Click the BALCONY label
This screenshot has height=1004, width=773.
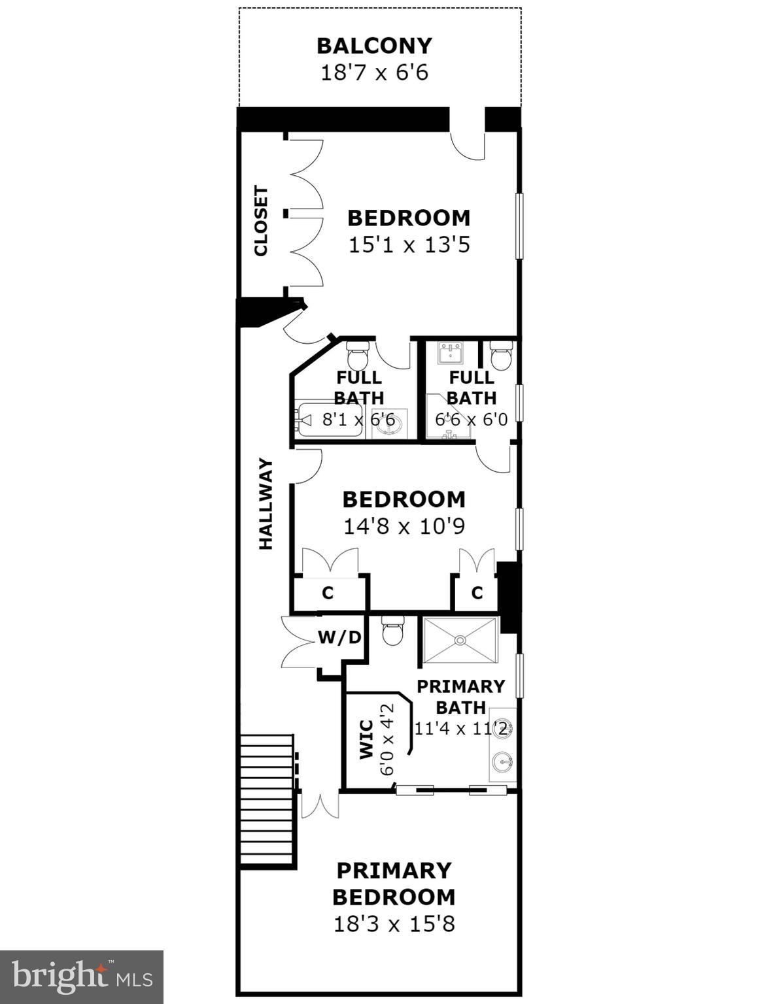[374, 46]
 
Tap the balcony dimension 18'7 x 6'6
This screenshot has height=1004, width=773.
[374, 72]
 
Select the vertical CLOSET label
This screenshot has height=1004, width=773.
[261, 221]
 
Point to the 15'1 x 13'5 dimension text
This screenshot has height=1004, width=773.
[409, 245]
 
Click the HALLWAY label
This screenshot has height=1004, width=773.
[266, 504]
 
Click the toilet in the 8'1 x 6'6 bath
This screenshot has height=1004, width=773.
[358, 355]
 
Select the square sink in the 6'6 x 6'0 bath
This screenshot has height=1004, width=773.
[451, 354]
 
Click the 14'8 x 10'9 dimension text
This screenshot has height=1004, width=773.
[404, 526]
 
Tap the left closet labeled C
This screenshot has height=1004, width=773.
[328, 593]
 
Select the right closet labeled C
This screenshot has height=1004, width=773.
[477, 593]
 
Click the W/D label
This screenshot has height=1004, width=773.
[339, 637]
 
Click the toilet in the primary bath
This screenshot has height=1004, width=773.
[393, 631]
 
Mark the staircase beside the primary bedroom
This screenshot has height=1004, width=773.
[266, 800]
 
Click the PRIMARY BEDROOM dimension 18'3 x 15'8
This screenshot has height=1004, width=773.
[394, 924]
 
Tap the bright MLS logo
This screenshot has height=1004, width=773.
[82, 977]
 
